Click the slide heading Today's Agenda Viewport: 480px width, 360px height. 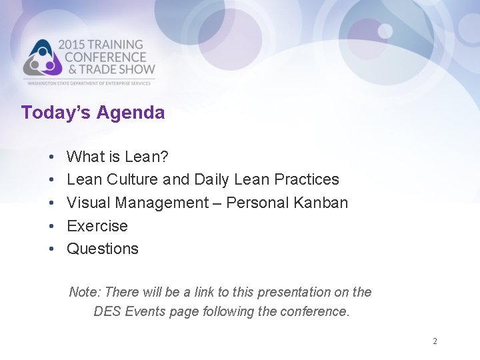click(93, 113)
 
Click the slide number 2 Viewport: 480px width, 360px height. click(435, 341)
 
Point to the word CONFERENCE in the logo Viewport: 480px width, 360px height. click(105, 57)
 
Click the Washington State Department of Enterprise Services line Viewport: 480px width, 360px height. click(90, 83)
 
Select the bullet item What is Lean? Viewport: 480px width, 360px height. click(117, 157)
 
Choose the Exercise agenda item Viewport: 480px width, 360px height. click(97, 226)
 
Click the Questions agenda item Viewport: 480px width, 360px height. click(103, 249)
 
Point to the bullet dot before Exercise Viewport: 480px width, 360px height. click(51, 226)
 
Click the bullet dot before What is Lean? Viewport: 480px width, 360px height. click(51, 157)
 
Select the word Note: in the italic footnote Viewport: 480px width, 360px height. click(85, 292)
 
